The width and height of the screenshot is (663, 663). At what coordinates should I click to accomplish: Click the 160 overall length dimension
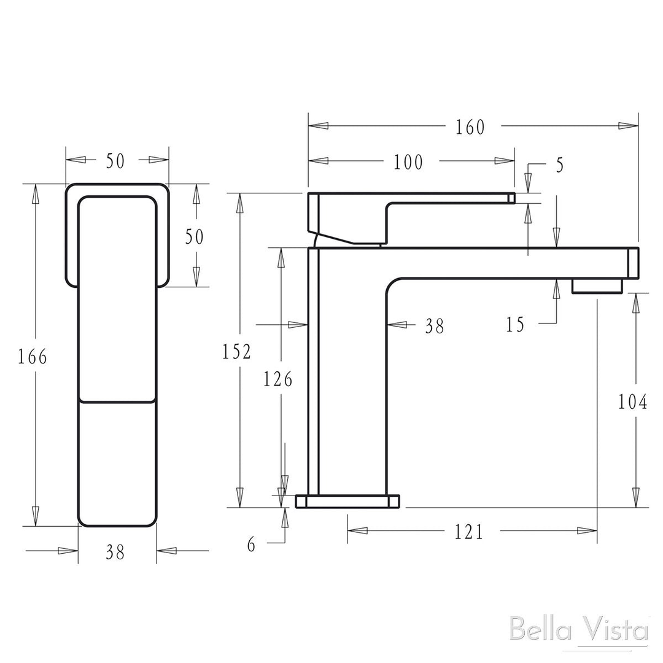pyautogui.click(x=470, y=126)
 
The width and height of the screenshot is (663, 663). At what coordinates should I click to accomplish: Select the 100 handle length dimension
pyautogui.click(x=408, y=162)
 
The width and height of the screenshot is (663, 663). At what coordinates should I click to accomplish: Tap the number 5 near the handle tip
pyautogui.click(x=559, y=165)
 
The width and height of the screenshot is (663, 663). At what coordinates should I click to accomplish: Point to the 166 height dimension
pyautogui.click(x=33, y=356)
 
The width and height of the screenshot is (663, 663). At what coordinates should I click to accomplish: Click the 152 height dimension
pyautogui.click(x=237, y=352)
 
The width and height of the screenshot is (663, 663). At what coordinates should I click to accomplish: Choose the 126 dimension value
pyautogui.click(x=278, y=379)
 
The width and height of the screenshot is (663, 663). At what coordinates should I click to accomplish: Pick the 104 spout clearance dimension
pyautogui.click(x=633, y=402)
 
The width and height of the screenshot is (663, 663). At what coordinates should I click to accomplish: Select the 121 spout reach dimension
pyautogui.click(x=469, y=532)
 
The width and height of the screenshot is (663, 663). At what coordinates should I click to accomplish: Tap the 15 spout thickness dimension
pyautogui.click(x=516, y=324)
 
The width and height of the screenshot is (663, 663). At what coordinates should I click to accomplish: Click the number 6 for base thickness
pyautogui.click(x=251, y=545)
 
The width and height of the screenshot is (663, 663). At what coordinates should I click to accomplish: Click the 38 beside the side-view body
pyautogui.click(x=434, y=326)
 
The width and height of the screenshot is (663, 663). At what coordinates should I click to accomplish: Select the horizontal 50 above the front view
pyautogui.click(x=115, y=161)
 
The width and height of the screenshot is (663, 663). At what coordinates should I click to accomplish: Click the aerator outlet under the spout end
pyautogui.click(x=597, y=285)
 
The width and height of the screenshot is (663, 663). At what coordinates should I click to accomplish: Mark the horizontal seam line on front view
pyautogui.click(x=117, y=402)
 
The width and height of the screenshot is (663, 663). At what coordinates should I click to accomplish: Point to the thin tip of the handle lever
pyautogui.click(x=511, y=197)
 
